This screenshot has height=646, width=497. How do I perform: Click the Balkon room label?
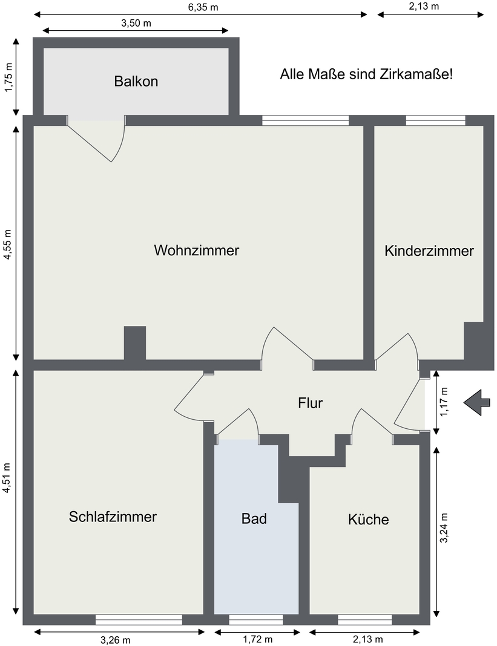click(136, 81)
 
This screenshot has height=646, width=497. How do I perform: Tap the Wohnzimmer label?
click(196, 250)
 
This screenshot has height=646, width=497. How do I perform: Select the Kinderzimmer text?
click(429, 251)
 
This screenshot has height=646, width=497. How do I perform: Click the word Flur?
click(310, 402)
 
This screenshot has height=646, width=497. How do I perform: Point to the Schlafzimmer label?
click(113, 517)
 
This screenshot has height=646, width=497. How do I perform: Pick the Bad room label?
click(254, 518)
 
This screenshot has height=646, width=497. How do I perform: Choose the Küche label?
click(368, 519)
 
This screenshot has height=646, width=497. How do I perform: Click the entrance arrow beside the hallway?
click(477, 402)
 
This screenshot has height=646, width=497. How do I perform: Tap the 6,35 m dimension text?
click(203, 7)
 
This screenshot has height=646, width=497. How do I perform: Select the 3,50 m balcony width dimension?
click(136, 23)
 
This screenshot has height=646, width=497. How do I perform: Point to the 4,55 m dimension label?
click(8, 245)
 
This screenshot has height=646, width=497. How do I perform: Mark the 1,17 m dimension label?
click(445, 402)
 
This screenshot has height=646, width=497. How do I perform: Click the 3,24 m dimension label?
click(444, 528)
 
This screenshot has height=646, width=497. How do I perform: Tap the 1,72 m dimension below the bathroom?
click(257, 639)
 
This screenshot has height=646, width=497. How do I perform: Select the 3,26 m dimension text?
click(116, 640)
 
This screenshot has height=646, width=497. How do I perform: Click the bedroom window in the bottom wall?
click(139, 619)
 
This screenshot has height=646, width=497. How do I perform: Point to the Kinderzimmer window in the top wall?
click(435, 120)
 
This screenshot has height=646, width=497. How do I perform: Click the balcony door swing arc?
click(119, 140)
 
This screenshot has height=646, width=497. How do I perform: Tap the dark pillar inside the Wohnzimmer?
click(135, 343)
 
